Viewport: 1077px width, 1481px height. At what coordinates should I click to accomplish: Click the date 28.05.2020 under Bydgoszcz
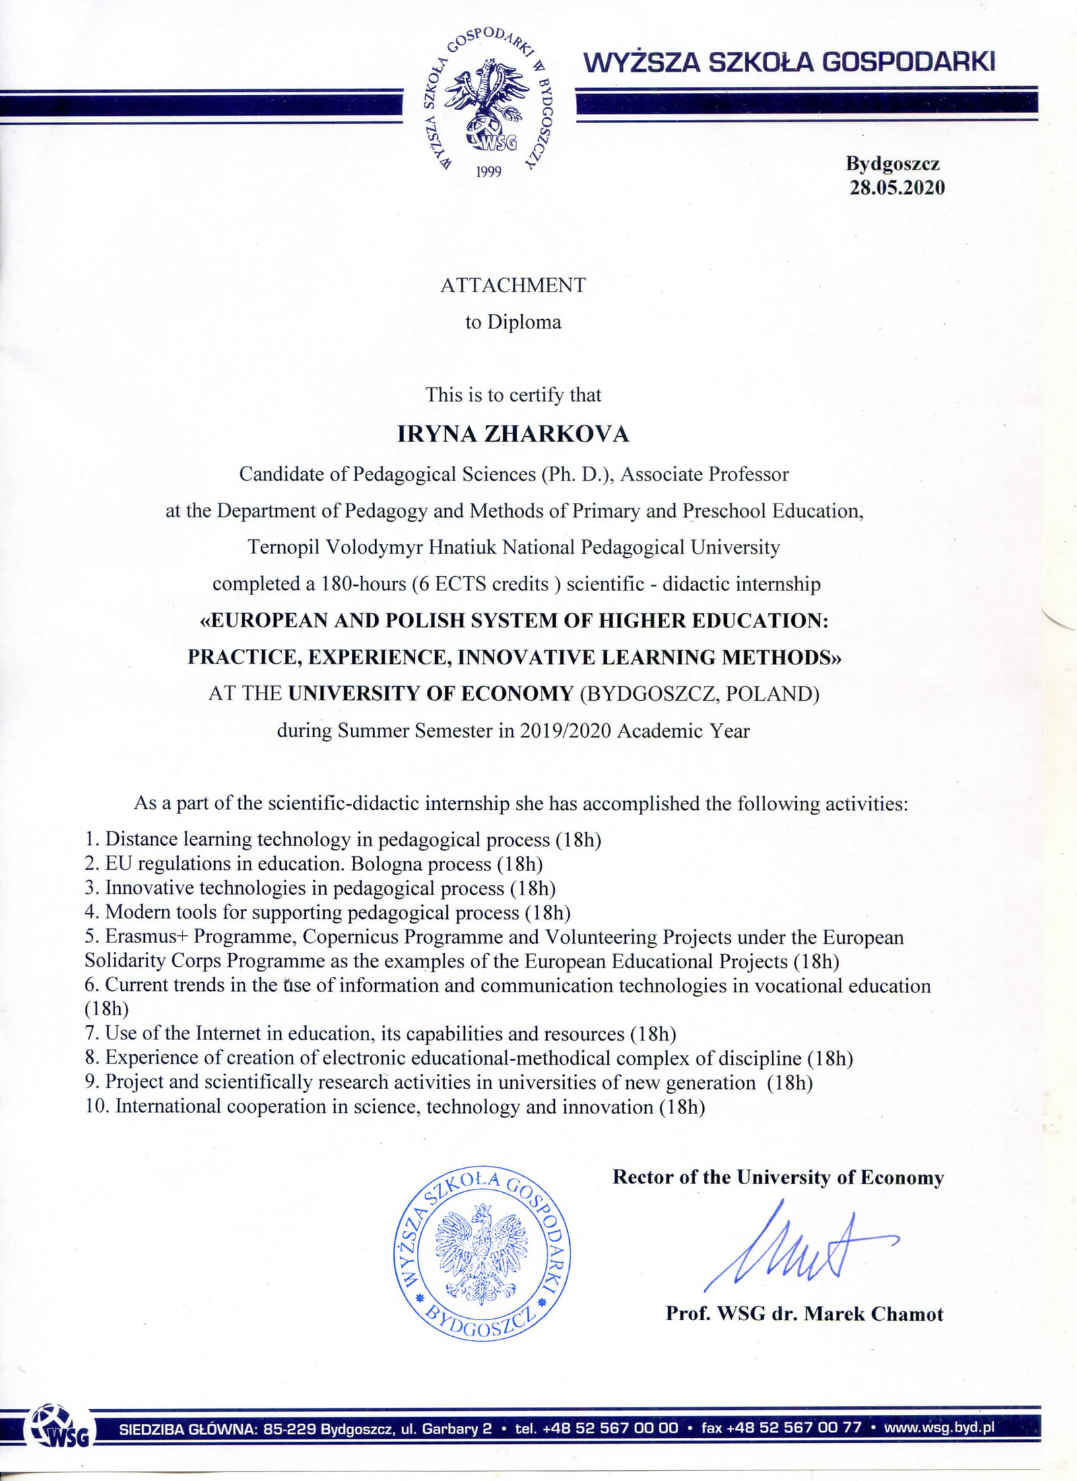tap(896, 187)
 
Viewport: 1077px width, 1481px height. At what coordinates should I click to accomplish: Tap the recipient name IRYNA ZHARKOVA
tap(513, 434)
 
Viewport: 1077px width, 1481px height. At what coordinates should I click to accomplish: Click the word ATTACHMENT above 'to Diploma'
tap(513, 285)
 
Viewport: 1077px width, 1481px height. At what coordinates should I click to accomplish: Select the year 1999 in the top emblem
tap(489, 172)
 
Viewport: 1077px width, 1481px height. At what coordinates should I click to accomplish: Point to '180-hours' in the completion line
tap(364, 584)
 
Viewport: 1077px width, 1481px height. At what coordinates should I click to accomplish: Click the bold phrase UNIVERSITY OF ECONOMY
tap(430, 693)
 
